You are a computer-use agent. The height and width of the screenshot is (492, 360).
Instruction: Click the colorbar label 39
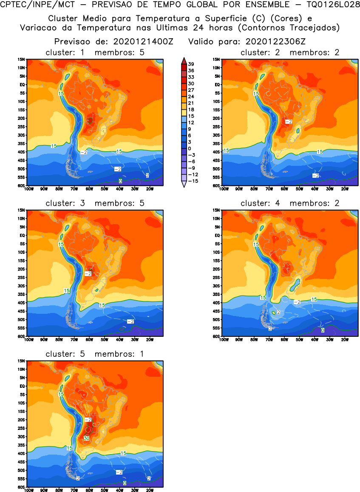tap(191, 64)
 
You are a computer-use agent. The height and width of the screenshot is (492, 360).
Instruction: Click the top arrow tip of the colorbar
tap(183, 58)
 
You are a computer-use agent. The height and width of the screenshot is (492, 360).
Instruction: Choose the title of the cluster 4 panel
tap(290, 203)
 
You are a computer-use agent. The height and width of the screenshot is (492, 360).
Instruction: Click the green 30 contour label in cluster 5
tap(86, 438)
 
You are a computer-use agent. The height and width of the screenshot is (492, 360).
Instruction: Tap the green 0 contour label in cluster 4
tap(323, 330)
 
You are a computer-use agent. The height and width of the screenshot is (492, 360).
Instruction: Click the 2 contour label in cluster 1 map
tap(147, 175)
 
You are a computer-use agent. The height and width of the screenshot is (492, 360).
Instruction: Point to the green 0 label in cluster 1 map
tap(120, 181)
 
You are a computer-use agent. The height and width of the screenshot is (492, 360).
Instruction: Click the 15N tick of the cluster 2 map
tap(216, 60)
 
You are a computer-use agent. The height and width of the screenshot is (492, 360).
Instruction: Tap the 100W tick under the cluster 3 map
tap(28, 339)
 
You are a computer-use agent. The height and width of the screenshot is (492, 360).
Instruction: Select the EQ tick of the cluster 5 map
tap(21, 386)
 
